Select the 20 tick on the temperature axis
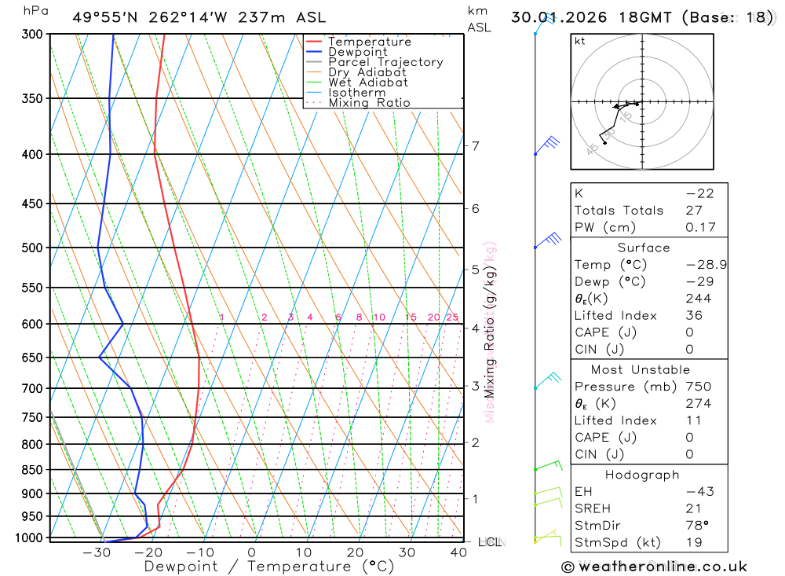[x=356, y=552]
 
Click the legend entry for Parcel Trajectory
[x=385, y=62]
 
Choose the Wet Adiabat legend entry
[x=368, y=83]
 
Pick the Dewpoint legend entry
[x=358, y=52]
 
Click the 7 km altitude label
[x=475, y=145]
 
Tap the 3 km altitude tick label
[x=475, y=386]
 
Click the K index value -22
[x=699, y=193]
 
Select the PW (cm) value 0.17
[x=700, y=228]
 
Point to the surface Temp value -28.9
[x=706, y=265]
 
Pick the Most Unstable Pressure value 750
[x=698, y=387]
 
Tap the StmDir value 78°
[x=696, y=525]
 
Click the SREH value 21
[x=693, y=508]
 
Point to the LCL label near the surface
[x=487, y=542]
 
